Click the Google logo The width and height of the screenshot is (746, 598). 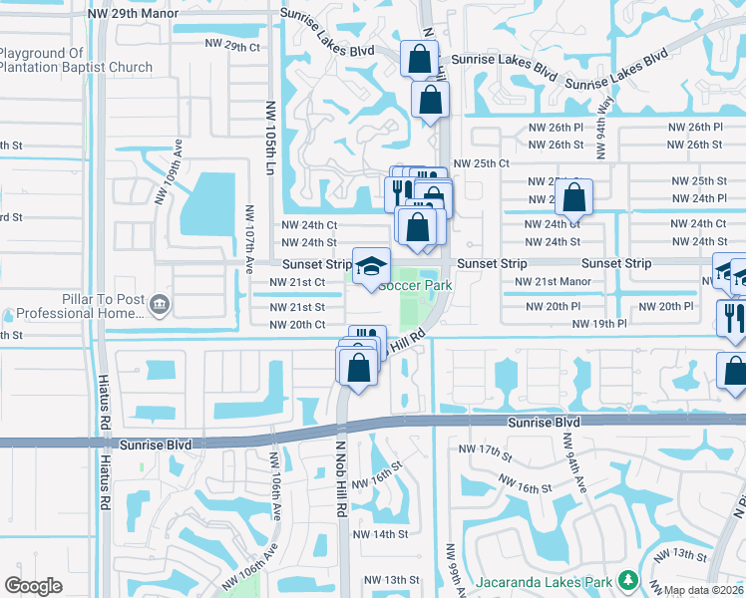(33, 586)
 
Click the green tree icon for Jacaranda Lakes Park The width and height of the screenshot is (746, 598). (627, 579)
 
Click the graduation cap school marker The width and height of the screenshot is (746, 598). (371, 265)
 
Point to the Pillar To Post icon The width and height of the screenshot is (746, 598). (159, 303)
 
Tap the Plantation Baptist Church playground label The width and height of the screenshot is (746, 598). (76, 60)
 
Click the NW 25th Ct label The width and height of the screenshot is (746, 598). (481, 163)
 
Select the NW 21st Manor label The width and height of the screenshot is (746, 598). (553, 282)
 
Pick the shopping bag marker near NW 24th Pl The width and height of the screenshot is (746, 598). (573, 197)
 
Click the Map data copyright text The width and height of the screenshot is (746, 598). (702, 590)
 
